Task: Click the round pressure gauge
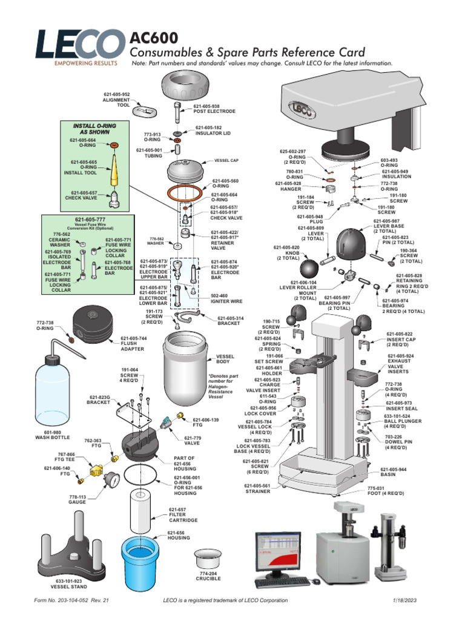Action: (x=111, y=479)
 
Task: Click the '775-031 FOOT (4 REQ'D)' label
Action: (x=394, y=492)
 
